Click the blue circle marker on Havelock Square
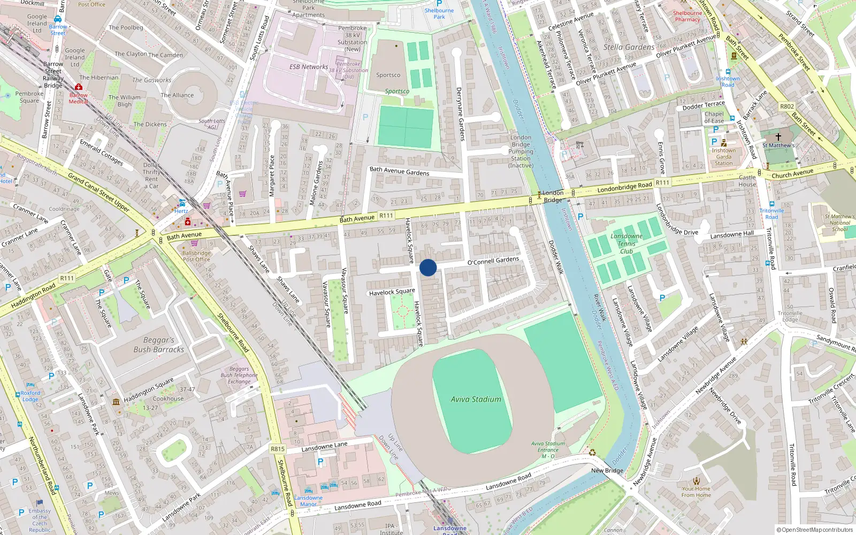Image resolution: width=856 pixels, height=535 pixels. click(x=428, y=267)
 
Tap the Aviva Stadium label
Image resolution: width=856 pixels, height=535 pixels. click(x=476, y=399)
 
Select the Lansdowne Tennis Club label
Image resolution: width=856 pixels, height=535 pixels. click(x=626, y=243)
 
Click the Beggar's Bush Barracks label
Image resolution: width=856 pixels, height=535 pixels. click(x=158, y=345)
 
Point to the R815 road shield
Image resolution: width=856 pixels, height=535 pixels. click(x=278, y=449)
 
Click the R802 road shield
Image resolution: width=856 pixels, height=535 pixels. click(x=787, y=106)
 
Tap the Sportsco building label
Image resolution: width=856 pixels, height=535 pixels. click(x=388, y=75)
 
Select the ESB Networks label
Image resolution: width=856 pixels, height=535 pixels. click(x=309, y=67)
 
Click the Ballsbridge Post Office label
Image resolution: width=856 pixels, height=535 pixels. click(x=196, y=256)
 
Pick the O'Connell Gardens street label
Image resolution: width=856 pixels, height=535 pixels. click(x=493, y=261)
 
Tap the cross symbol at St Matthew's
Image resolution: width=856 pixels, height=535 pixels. click(x=778, y=137)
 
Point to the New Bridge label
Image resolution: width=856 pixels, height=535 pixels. click(x=607, y=471)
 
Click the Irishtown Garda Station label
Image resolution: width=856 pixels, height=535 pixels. click(x=723, y=156)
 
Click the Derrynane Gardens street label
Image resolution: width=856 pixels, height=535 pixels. click(x=459, y=114)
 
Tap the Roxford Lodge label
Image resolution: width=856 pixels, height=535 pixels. click(x=30, y=396)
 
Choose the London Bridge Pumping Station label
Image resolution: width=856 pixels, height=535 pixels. click(x=521, y=151)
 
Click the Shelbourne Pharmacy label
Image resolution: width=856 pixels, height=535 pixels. click(x=687, y=16)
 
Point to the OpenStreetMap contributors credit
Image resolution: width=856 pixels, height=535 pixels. click(x=815, y=530)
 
